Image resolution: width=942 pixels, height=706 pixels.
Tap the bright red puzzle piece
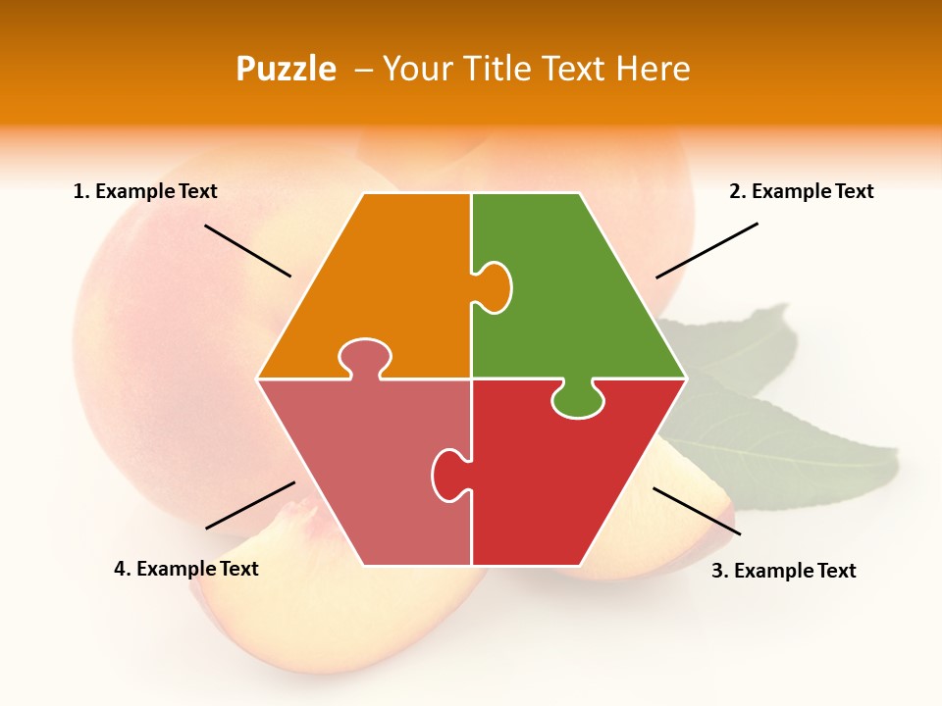(559, 480)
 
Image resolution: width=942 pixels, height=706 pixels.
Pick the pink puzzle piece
(373, 471)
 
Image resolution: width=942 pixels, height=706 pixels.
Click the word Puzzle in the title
(286, 69)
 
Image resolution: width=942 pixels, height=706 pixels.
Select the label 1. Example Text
(145, 192)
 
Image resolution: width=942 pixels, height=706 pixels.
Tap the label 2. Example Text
(801, 192)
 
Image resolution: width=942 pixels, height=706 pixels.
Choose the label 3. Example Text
(783, 571)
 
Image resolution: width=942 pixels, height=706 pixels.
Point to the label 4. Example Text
(186, 569)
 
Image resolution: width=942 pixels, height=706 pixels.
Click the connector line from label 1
(247, 251)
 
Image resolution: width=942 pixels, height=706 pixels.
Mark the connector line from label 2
(706, 250)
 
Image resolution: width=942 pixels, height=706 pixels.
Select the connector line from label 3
(697, 511)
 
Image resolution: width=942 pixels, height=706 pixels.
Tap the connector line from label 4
(250, 505)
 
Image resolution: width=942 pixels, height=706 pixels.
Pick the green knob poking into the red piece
(578, 400)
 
